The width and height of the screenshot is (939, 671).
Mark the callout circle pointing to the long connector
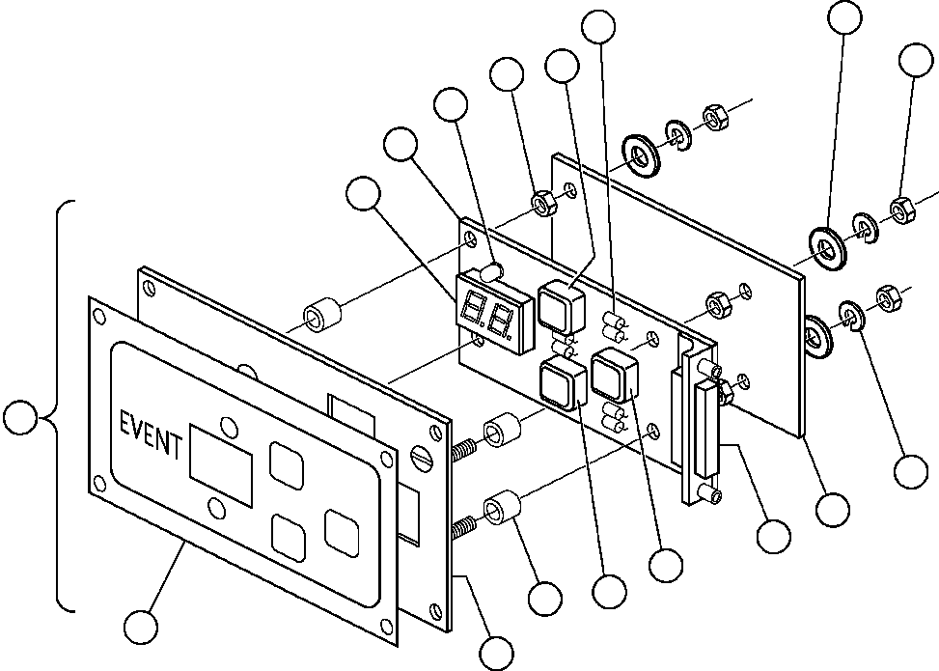[x=773, y=536]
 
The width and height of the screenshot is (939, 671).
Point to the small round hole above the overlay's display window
[x=229, y=426]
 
